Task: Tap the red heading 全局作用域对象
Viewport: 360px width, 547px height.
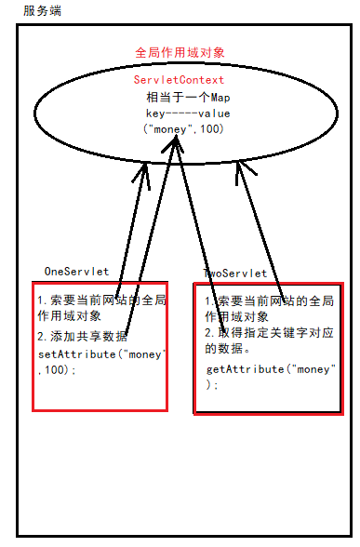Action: click(x=180, y=53)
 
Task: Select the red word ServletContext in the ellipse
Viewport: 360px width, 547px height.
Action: click(x=179, y=81)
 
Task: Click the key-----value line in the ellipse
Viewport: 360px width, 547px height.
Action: click(x=181, y=113)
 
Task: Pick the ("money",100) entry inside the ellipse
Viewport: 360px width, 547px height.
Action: click(x=183, y=128)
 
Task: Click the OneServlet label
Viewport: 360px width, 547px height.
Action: click(x=76, y=271)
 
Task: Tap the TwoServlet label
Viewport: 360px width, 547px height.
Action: click(x=235, y=273)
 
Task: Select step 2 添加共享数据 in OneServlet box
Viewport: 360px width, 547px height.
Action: click(x=82, y=337)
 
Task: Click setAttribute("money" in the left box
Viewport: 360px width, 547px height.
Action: click(x=100, y=354)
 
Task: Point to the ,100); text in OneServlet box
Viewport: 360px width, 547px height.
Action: click(x=58, y=370)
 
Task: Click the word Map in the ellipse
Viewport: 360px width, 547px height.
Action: click(x=219, y=97)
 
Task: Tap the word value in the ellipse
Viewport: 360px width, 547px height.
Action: click(x=213, y=113)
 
